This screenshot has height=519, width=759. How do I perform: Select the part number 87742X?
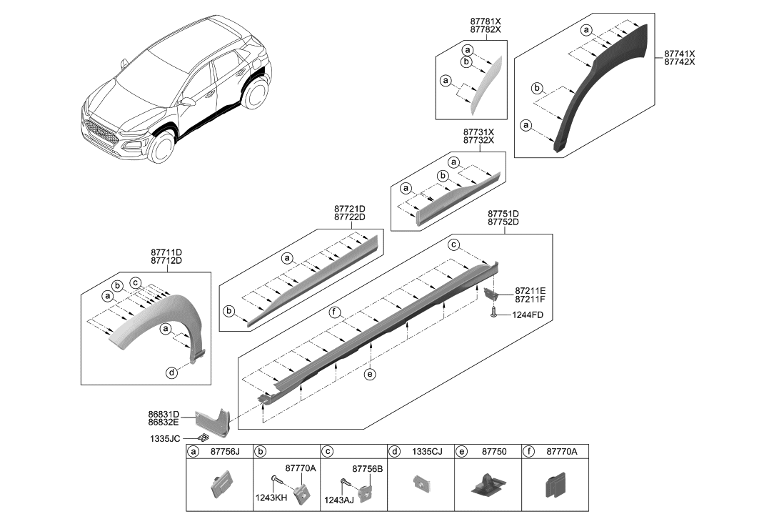(x=679, y=63)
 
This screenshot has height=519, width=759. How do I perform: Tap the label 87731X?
(x=478, y=132)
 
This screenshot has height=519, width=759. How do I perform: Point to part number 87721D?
(x=349, y=208)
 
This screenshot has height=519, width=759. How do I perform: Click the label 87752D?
(x=503, y=222)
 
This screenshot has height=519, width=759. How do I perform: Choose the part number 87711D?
(x=166, y=252)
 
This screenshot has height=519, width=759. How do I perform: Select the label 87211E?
(x=530, y=291)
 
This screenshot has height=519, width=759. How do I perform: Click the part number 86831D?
(x=164, y=414)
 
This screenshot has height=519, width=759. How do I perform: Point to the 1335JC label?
(x=165, y=438)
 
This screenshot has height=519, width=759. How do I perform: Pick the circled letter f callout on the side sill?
(x=333, y=312)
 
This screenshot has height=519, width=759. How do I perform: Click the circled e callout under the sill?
(x=369, y=374)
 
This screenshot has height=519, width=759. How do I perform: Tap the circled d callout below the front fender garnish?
(x=171, y=372)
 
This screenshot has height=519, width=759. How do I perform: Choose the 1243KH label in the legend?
(x=272, y=495)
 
